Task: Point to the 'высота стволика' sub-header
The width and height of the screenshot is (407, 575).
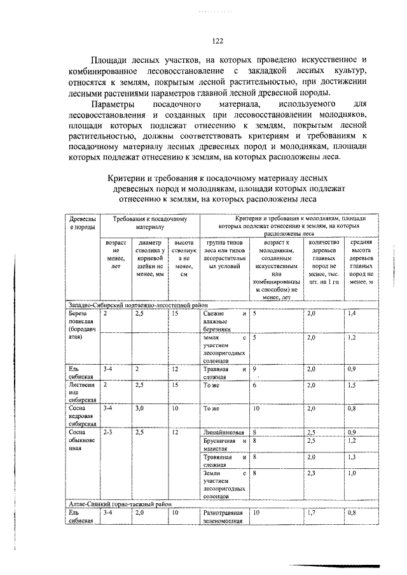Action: tap(183, 259)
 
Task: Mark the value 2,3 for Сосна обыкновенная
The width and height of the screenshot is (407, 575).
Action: tap(311, 473)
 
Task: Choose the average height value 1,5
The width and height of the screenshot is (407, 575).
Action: tap(352, 386)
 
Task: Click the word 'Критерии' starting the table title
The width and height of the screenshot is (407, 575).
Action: tap(124, 179)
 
